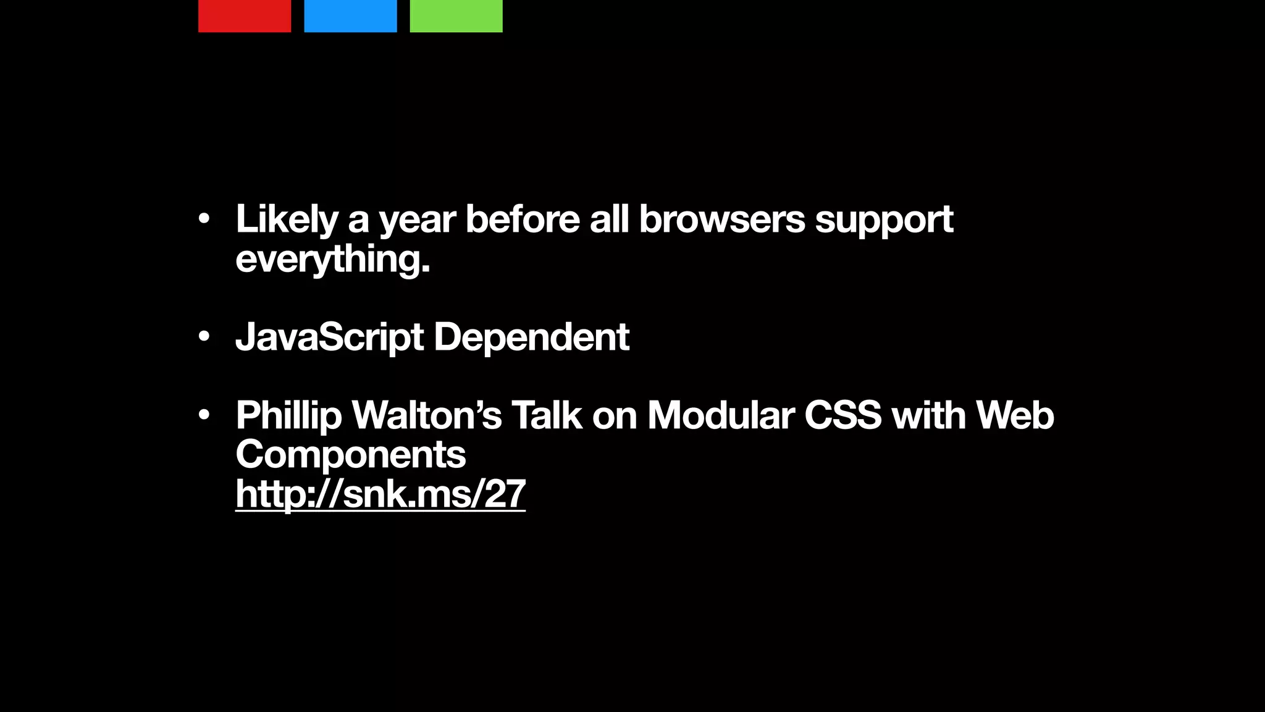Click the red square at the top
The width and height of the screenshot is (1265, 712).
click(x=245, y=15)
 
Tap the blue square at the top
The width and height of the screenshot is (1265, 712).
click(x=350, y=15)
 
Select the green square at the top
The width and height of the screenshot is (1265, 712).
click(x=456, y=15)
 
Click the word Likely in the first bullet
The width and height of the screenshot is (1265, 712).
click(x=287, y=219)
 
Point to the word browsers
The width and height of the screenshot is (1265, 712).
click(x=721, y=219)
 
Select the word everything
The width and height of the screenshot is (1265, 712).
click(x=332, y=259)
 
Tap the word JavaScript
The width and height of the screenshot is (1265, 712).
click(x=329, y=337)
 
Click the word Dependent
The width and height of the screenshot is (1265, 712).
click(x=531, y=337)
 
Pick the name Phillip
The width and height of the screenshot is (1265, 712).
click(x=288, y=416)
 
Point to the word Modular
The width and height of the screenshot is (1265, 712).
click(x=721, y=415)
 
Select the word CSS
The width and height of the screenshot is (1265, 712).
click(x=843, y=415)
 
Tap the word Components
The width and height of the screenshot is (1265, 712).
click(x=350, y=455)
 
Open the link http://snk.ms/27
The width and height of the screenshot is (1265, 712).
click(x=380, y=494)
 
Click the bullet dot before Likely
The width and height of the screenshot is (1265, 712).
click(x=204, y=219)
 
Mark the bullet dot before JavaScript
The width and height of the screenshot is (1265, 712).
click(x=204, y=337)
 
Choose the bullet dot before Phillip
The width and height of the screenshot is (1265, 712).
click(x=204, y=415)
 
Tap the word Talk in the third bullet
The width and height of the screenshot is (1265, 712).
click(x=547, y=415)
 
